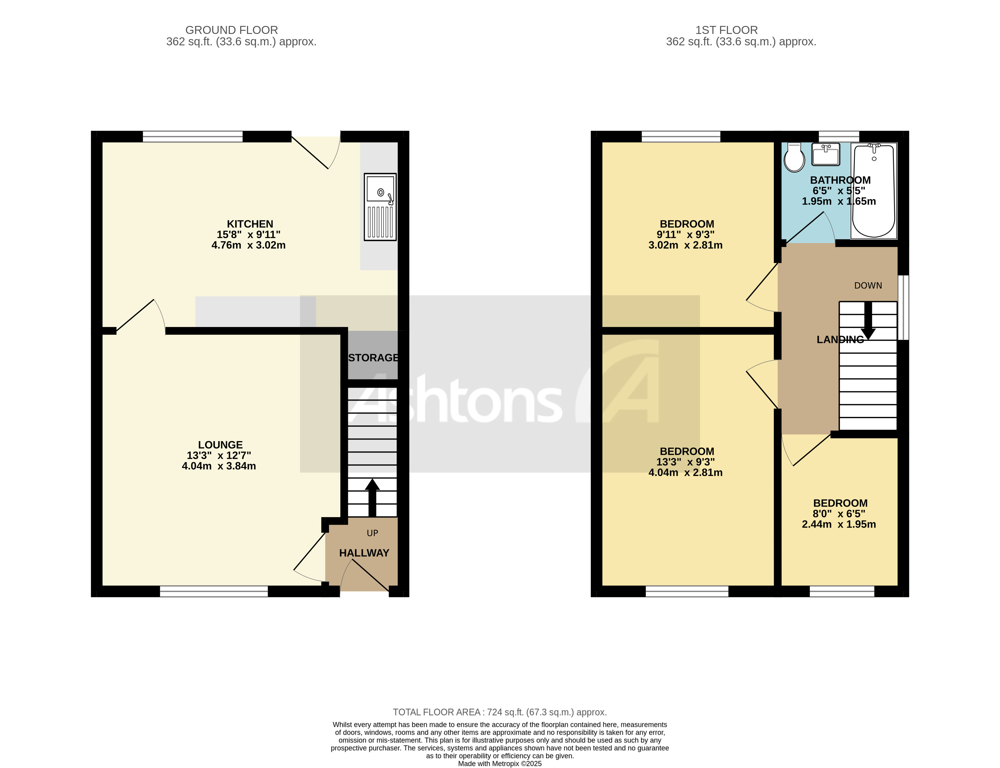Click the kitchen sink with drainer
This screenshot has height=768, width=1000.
pyautogui.click(x=380, y=207)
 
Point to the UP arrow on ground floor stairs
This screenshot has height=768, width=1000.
pyautogui.click(x=372, y=497)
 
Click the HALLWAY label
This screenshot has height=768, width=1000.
pyautogui.click(x=364, y=553)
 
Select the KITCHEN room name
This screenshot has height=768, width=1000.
pyautogui.click(x=250, y=224)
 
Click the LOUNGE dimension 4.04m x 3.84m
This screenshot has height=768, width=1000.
pyautogui.click(x=219, y=466)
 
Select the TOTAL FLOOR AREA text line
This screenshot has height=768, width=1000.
pyautogui.click(x=500, y=712)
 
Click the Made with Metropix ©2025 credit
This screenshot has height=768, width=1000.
pyautogui.click(x=500, y=763)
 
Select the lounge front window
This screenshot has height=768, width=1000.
pyautogui.click(x=214, y=591)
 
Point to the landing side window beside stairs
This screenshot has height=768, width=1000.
pyautogui.click(x=903, y=307)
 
